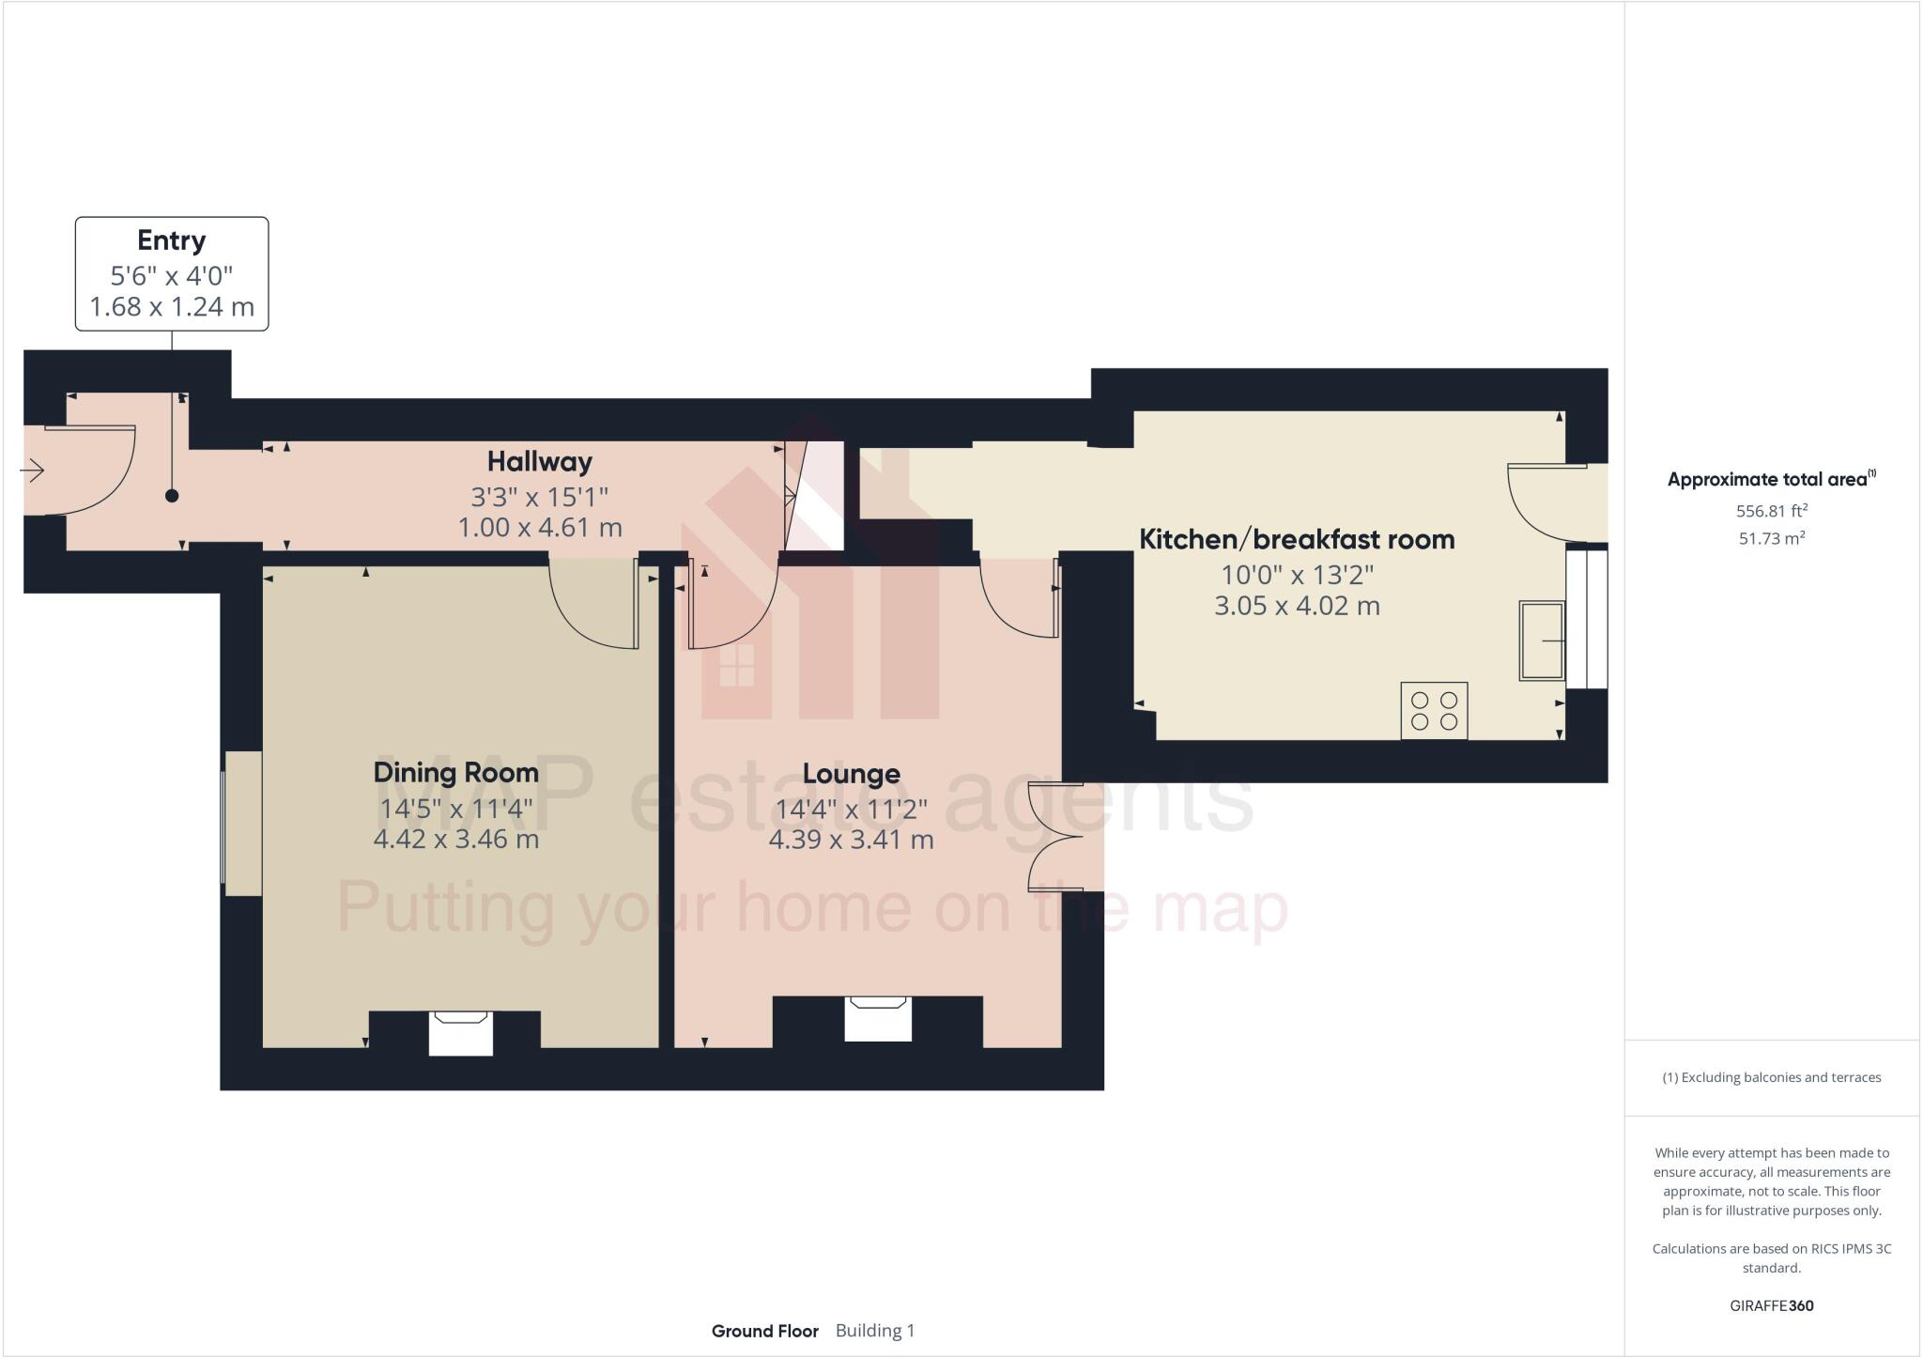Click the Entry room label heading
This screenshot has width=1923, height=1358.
[171, 240]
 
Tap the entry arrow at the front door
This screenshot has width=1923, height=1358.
[33, 470]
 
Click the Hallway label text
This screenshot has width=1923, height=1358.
[539, 461]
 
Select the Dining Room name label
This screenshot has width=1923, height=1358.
[455, 772]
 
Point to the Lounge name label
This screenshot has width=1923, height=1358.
[851, 773]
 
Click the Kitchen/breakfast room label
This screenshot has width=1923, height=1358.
[1296, 539]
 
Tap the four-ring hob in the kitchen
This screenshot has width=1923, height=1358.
[1434, 711]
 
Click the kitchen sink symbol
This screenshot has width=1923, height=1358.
[1542, 640]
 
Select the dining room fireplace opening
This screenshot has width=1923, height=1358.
[461, 1033]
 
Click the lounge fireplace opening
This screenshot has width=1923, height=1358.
[878, 1019]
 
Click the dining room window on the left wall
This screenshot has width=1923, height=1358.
[241, 823]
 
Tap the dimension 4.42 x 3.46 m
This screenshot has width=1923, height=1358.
[455, 839]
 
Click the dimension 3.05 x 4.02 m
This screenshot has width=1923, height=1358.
[1296, 606]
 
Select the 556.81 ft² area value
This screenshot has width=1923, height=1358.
[1771, 511]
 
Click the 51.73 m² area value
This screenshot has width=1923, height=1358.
[1771, 538]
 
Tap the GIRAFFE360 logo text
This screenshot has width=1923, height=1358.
[1771, 1305]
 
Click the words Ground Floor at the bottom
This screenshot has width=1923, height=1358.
[764, 1331]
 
